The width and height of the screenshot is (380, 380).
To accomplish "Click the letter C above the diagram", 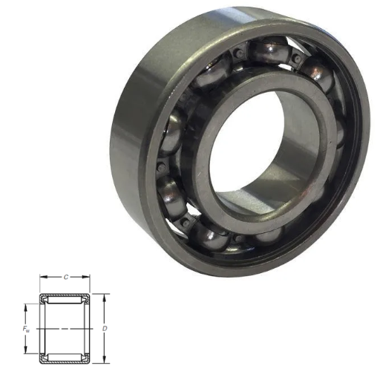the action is pos(66,277).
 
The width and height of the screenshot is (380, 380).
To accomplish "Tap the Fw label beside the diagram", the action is pos(26,329).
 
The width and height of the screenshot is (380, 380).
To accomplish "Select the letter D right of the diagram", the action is pos(105,329).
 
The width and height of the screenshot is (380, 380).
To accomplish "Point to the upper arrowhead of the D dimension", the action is pos(105,298).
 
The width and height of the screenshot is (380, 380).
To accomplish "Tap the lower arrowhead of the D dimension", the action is pos(105,360).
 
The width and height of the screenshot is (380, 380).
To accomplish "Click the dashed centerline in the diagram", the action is pos(65,329).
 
